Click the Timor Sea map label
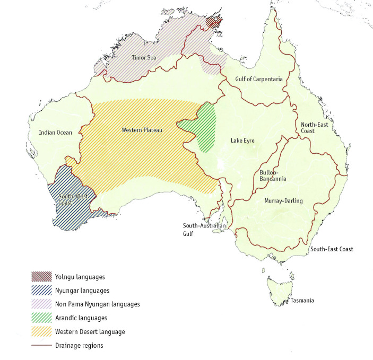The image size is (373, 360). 144,57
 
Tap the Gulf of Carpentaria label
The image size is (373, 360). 258,79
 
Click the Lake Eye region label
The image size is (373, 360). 242,141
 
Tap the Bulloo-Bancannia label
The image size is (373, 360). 273,175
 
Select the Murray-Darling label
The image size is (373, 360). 283,201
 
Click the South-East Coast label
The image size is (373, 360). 332,249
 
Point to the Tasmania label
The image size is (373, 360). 302,301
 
